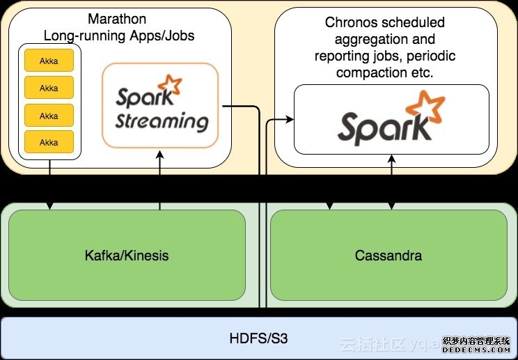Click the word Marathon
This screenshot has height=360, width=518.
(117, 19)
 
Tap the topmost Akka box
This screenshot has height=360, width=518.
(49, 61)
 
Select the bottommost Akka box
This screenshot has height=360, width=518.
(49, 142)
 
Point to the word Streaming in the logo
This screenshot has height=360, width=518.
(162, 121)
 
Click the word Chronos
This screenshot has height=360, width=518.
(350, 22)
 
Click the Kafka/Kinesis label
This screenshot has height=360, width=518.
(127, 256)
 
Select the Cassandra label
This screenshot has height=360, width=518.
(388, 256)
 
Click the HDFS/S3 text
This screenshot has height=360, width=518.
(258, 339)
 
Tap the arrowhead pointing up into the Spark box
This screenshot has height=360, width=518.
(392, 159)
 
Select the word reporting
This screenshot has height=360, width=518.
(344, 56)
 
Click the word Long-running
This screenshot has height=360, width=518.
(83, 34)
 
